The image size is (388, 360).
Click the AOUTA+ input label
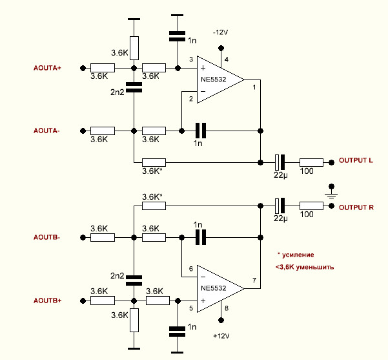click(46, 68)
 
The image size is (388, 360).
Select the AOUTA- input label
click(46, 131)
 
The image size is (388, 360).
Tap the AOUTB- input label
click(46, 237)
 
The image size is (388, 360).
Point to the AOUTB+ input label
click(47, 301)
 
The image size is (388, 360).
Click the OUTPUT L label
click(356, 160)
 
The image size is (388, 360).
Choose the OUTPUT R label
click(356, 207)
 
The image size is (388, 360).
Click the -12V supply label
click(221, 32)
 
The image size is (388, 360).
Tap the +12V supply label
click(221, 336)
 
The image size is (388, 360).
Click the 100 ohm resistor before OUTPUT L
click(311, 161)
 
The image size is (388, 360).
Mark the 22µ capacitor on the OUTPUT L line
click(280, 161)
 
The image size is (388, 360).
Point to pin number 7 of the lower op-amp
click(254, 280)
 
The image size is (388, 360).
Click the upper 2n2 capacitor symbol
click(134, 87)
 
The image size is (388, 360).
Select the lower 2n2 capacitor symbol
click(134, 280)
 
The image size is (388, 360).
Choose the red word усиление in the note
click(301, 255)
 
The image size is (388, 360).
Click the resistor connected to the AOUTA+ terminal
click(103, 68)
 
